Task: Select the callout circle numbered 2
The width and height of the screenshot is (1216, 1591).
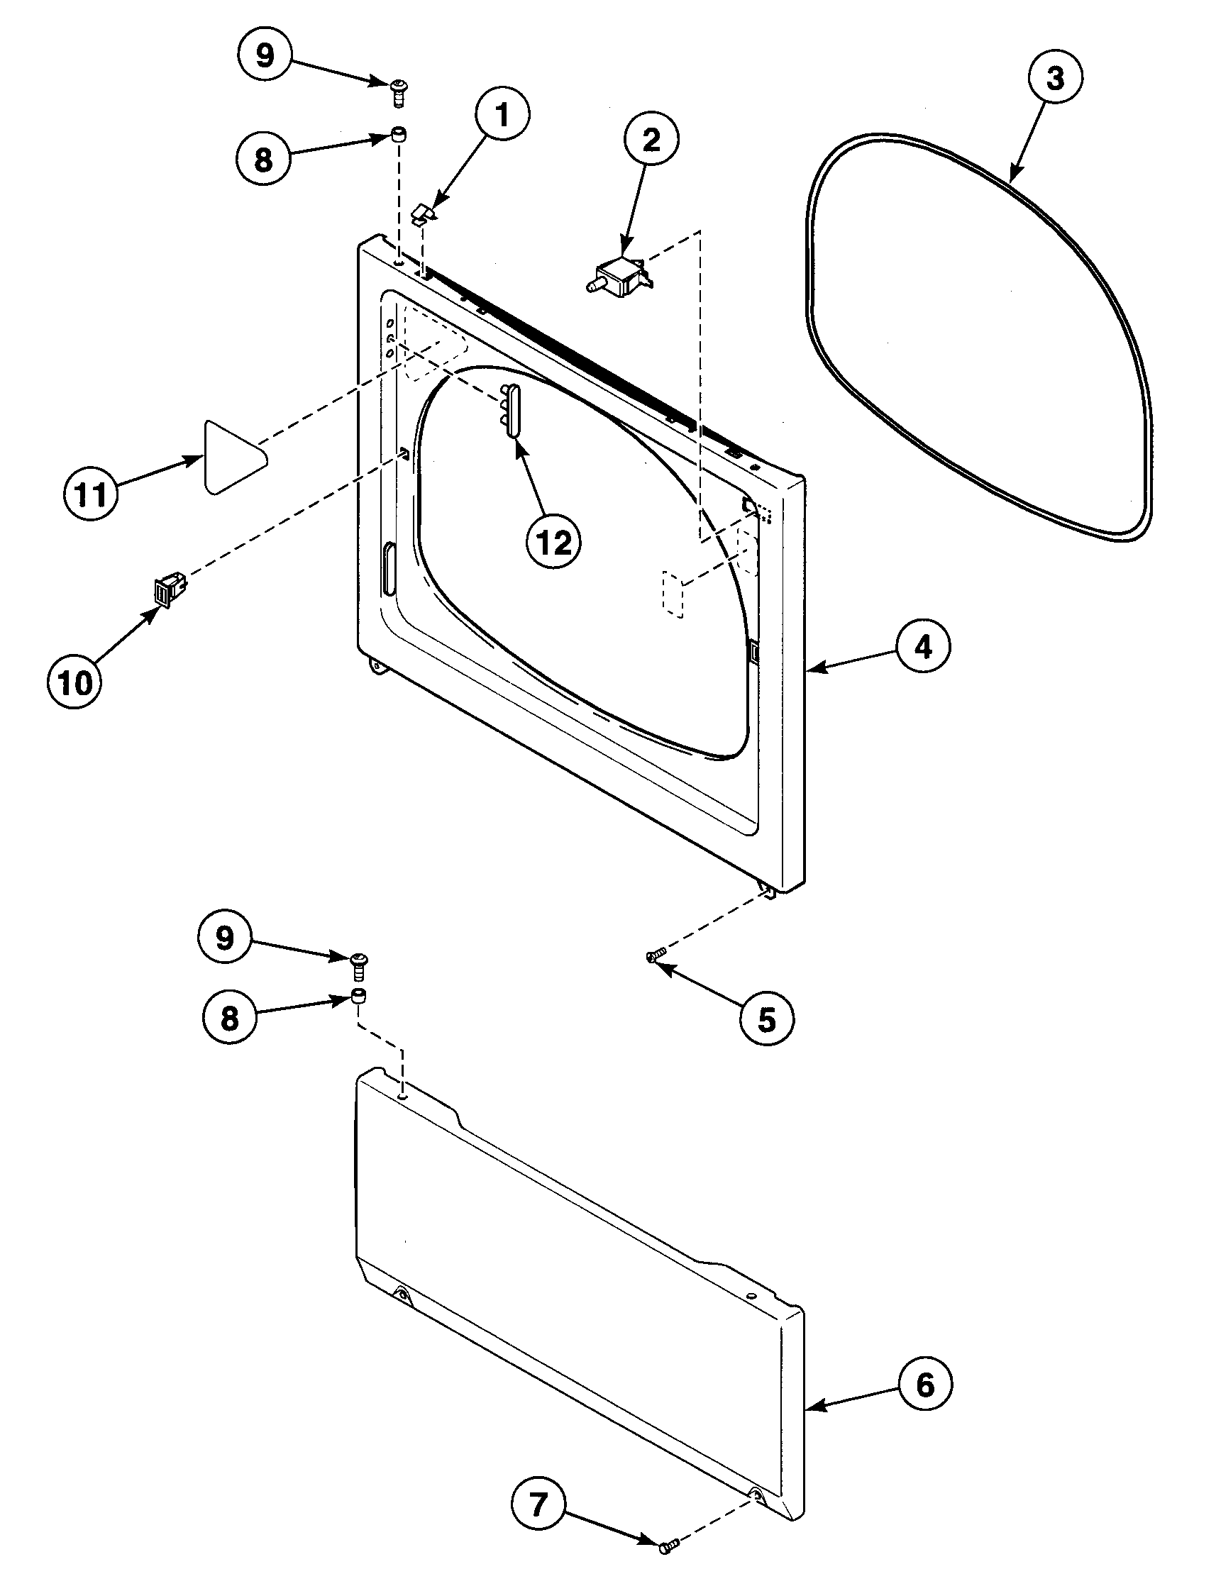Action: [x=651, y=140]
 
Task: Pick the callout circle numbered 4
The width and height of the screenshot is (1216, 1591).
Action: [x=924, y=648]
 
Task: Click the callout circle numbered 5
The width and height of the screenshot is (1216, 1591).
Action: [x=766, y=1019]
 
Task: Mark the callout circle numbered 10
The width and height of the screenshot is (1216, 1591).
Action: [x=75, y=682]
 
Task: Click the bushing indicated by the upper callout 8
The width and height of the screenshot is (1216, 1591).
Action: [x=398, y=135]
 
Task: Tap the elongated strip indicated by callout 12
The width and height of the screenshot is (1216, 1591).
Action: [x=512, y=411]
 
